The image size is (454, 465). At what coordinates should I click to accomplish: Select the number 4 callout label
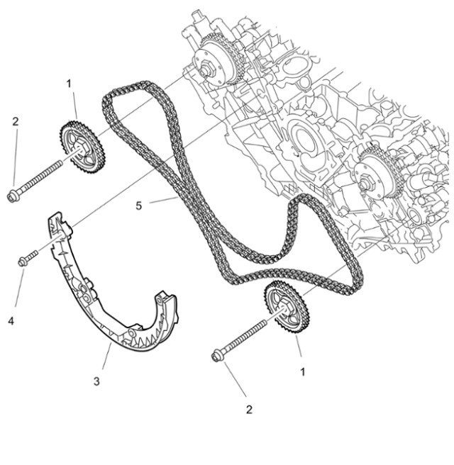11,321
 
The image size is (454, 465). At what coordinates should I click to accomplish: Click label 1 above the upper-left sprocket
69,84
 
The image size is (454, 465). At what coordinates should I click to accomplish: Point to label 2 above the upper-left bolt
15,121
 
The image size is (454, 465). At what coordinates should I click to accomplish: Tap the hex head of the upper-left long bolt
12,195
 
